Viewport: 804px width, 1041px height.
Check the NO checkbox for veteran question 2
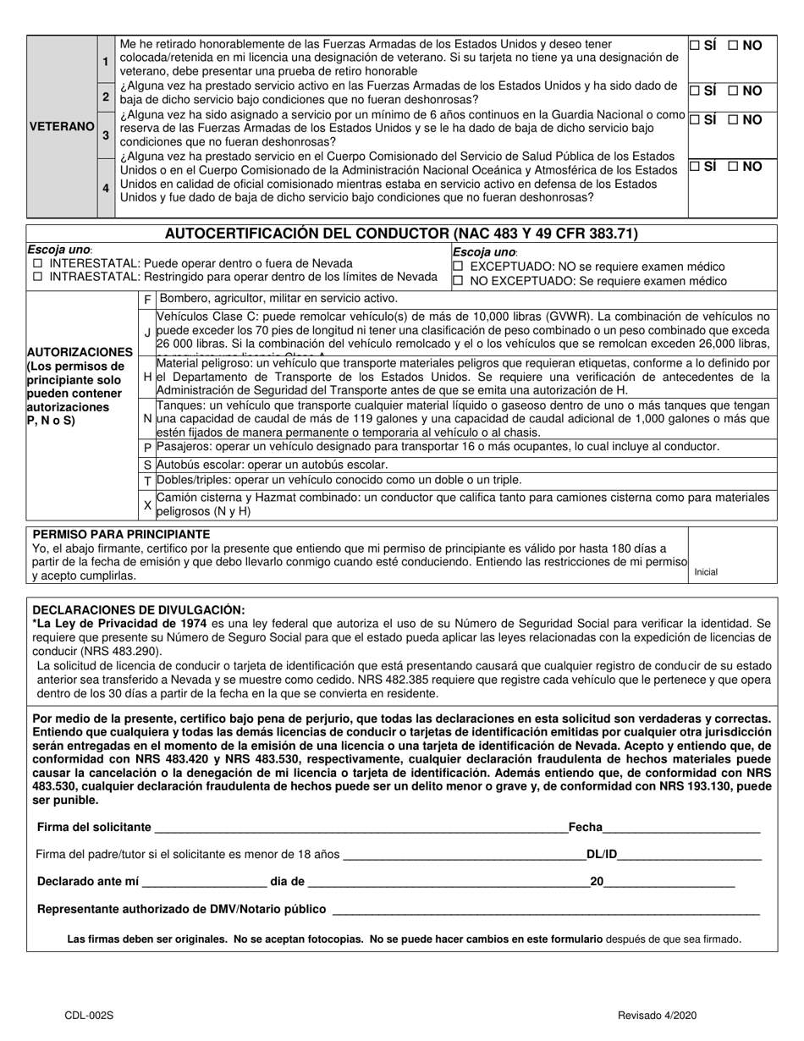point(733,91)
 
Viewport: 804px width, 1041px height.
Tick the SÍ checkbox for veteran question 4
point(694,167)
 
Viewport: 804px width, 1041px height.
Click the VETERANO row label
point(62,126)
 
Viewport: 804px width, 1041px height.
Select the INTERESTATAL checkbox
point(37,264)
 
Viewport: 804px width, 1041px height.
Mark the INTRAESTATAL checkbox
point(37,277)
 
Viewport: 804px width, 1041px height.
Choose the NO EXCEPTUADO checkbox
point(458,282)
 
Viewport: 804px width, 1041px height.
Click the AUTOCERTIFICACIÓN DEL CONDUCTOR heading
point(401,234)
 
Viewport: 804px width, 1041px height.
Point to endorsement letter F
point(148,300)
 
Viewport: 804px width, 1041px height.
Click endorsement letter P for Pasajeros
point(148,447)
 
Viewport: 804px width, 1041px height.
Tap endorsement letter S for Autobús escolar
point(148,465)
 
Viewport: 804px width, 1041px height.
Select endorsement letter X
point(148,504)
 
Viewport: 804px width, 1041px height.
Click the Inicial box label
point(706,572)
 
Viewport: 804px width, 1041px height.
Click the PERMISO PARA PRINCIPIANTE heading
point(121,535)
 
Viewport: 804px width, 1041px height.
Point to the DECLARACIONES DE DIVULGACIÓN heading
point(138,609)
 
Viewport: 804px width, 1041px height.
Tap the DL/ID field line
point(690,856)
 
